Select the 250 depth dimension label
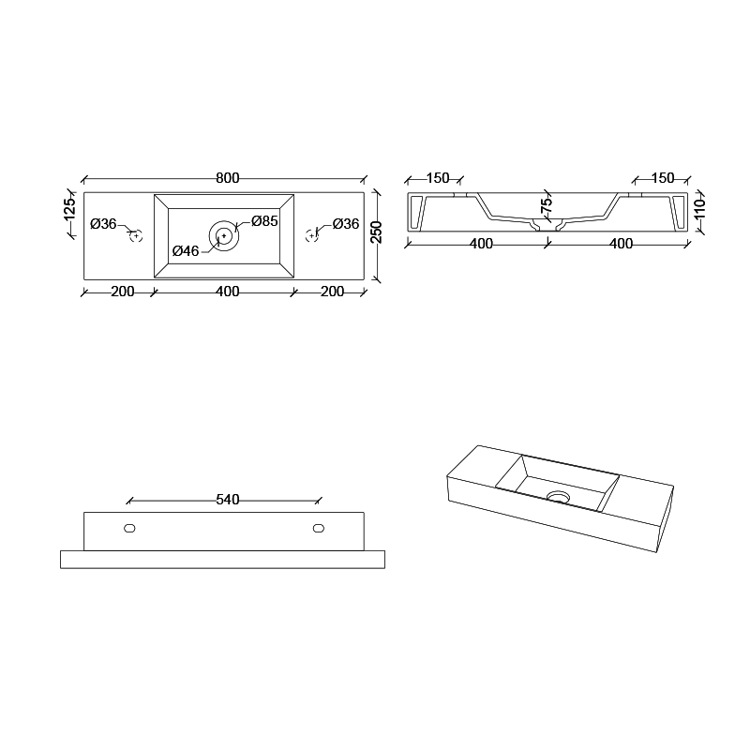376,233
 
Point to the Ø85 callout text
264,222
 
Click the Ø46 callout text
186,251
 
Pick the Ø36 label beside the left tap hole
103,224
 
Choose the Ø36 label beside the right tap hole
346,224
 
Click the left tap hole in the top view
136,235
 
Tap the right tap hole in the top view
312,235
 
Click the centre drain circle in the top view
224,235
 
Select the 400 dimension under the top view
227,292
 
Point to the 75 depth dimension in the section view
547,203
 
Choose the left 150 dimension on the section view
438,178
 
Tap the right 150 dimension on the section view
663,178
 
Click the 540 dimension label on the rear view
228,500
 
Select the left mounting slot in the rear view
130,528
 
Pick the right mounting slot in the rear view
320,528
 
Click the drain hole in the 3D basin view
559,497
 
